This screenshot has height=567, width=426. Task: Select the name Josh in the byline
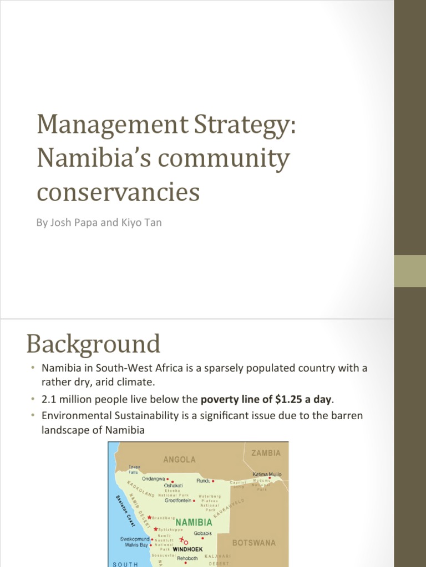(x=60, y=224)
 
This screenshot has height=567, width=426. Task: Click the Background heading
(x=93, y=344)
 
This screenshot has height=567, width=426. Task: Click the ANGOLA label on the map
(x=179, y=460)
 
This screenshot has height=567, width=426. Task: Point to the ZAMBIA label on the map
(x=266, y=453)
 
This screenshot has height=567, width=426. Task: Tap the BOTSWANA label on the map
(x=253, y=543)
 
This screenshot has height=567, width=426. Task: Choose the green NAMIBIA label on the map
(x=194, y=522)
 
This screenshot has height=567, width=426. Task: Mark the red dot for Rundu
(x=213, y=481)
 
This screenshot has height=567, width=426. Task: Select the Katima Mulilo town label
(x=267, y=475)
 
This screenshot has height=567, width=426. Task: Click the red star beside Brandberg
(x=149, y=518)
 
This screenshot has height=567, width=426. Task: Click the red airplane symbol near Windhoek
(x=182, y=539)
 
